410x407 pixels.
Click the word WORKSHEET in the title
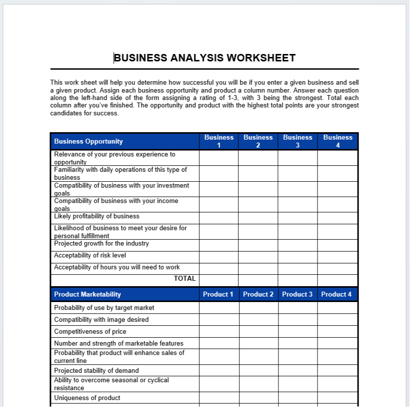[261, 58]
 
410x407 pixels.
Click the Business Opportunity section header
[88, 141]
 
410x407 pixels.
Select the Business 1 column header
[219, 141]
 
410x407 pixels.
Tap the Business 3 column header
[297, 141]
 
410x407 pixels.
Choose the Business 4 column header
[338, 141]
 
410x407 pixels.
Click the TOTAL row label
[184, 279]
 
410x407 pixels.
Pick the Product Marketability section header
[88, 294]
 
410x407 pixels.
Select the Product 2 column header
[258, 294]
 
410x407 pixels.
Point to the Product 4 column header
[336, 294]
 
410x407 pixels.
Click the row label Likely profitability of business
[96, 216]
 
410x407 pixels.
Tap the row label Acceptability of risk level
[90, 255]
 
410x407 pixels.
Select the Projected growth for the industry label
[101, 244]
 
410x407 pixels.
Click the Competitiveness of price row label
[90, 332]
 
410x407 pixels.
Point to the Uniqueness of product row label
[87, 398]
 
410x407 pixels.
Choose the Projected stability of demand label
[96, 371]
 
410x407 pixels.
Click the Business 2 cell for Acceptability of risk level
[258, 256]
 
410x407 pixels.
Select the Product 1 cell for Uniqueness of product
[219, 398]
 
